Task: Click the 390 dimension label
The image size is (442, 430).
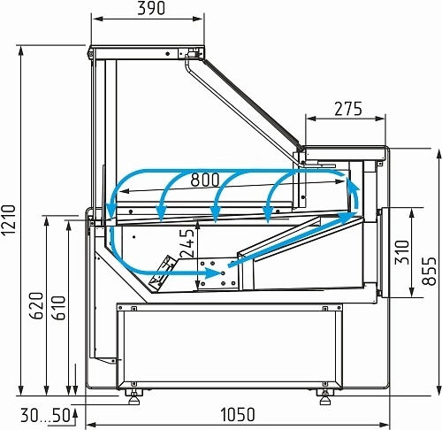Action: (x=151, y=8)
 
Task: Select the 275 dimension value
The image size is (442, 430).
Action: (x=348, y=109)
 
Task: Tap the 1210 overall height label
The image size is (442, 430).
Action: (x=8, y=220)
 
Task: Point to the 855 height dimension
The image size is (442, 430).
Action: (x=429, y=271)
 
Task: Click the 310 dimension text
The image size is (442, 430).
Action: (x=402, y=252)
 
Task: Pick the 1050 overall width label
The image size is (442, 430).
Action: (x=238, y=414)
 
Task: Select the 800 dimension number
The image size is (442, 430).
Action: (x=205, y=180)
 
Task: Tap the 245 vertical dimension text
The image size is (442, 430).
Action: (x=187, y=243)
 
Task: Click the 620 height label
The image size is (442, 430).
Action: (x=36, y=305)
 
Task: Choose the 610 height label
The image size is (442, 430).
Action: (x=58, y=308)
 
